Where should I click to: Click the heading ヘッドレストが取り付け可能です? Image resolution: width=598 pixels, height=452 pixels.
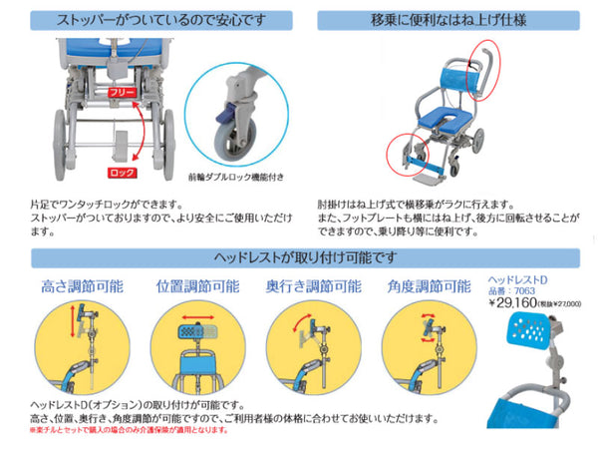pos(299,258)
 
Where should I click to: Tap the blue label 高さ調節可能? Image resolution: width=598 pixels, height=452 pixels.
pos(83,286)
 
